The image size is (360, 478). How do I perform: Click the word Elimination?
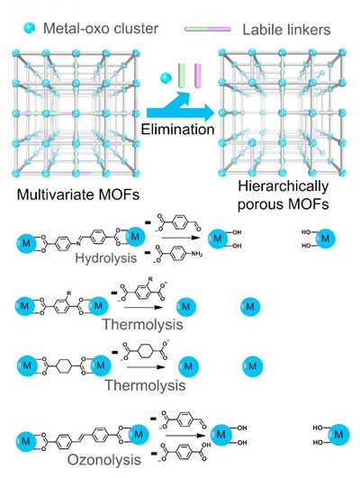click(x=177, y=130)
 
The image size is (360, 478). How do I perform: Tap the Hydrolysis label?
click(x=106, y=258)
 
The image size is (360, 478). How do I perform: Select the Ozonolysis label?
click(x=103, y=460)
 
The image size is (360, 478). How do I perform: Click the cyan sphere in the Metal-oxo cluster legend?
click(x=29, y=28)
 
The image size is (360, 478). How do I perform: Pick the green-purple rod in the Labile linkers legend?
click(x=208, y=30)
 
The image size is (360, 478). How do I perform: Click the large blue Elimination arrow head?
click(x=207, y=113)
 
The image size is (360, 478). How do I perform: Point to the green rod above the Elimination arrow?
click(x=182, y=76)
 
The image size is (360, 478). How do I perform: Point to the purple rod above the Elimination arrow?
click(x=198, y=76)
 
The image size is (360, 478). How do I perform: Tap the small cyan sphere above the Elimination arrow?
click(x=166, y=78)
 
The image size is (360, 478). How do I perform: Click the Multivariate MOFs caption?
click(x=78, y=194)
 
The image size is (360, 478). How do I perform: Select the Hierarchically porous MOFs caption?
click(x=283, y=195)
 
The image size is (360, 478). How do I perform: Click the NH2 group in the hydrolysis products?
click(x=196, y=254)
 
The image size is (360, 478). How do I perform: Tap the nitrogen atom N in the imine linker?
click(x=78, y=244)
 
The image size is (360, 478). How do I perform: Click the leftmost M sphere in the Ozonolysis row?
click(x=26, y=441)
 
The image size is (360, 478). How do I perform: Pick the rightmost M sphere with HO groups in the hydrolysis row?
click(x=325, y=238)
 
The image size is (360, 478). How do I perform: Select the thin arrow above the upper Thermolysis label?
click(x=143, y=307)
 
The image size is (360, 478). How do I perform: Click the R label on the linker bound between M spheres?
click(x=69, y=293)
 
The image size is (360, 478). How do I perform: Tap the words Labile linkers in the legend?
click(x=286, y=30)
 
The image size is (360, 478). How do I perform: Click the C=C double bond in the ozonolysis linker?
click(x=82, y=438)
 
